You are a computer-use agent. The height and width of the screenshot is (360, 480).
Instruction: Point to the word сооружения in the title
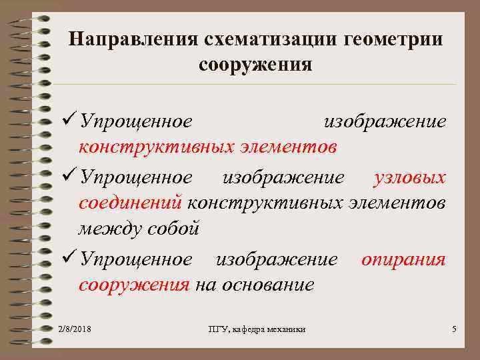click(255, 65)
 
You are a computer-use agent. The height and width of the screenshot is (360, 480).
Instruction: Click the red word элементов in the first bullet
click(288, 146)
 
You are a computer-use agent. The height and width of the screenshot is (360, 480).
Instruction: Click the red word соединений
click(131, 202)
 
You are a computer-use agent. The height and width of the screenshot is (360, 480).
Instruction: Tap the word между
click(107, 229)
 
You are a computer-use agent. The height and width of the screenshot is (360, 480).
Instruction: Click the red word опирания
click(403, 259)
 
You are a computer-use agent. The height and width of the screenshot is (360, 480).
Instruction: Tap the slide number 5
click(453, 329)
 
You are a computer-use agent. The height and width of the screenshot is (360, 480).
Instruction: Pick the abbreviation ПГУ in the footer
click(218, 329)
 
